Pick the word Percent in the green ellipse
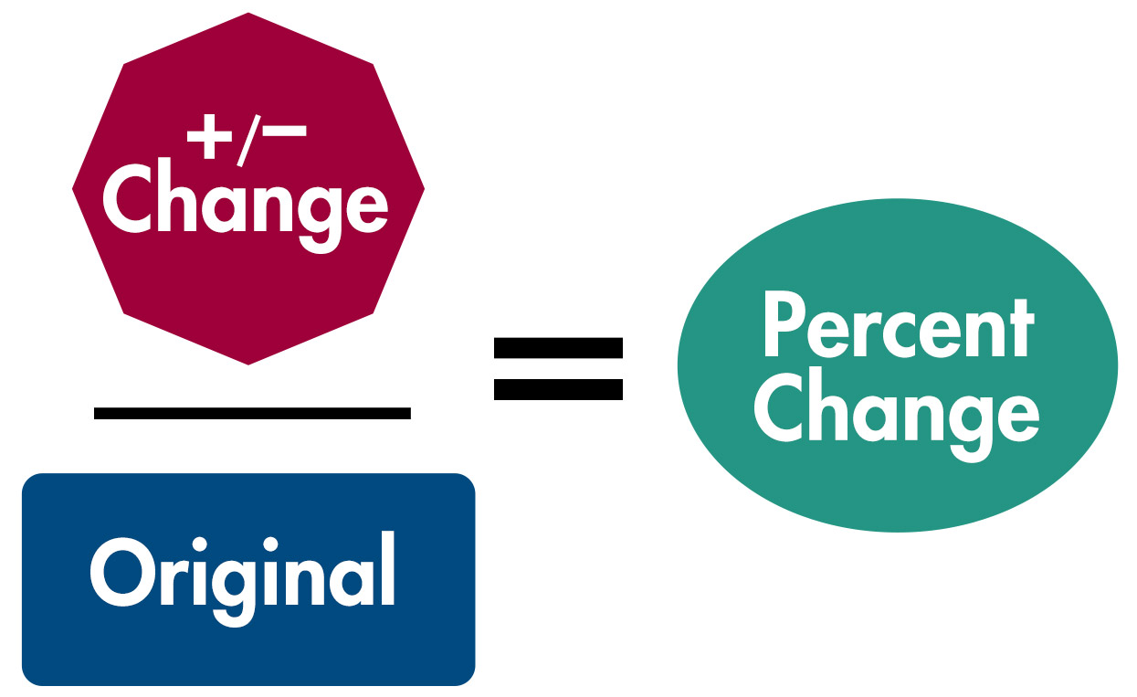click(x=899, y=326)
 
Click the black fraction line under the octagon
click(x=252, y=414)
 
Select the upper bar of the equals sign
click(x=557, y=347)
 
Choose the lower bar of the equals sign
click(x=557, y=390)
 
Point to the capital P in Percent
click(x=783, y=326)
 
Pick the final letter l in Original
click(x=388, y=568)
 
